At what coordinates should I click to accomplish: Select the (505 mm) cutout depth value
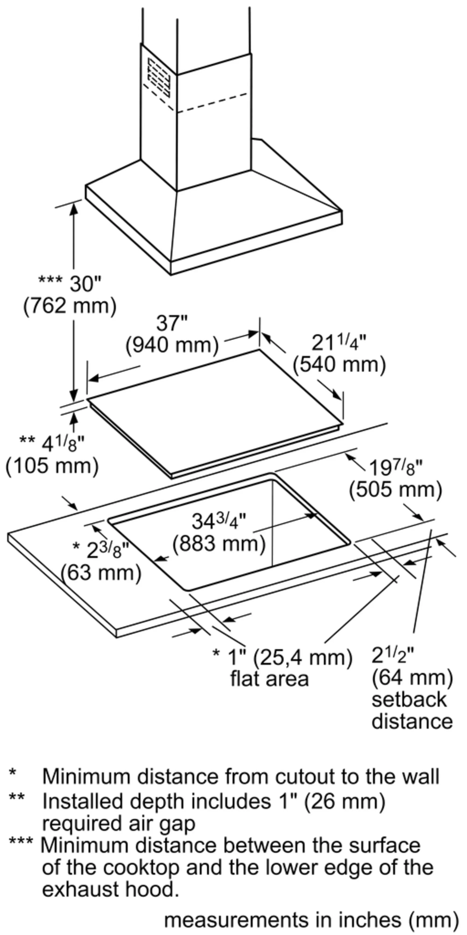[396, 490]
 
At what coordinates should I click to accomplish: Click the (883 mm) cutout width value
[219, 544]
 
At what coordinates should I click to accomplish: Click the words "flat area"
[269, 679]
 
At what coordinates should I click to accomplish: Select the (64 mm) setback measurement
[412, 678]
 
